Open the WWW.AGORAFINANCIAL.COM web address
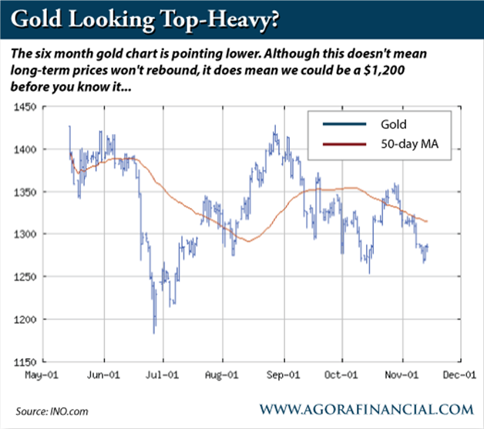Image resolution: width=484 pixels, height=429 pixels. pyautogui.click(x=367, y=408)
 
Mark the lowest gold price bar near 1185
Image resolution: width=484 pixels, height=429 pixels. pyautogui.click(x=155, y=331)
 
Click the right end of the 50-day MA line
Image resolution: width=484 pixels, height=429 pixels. pyautogui.click(x=428, y=221)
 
